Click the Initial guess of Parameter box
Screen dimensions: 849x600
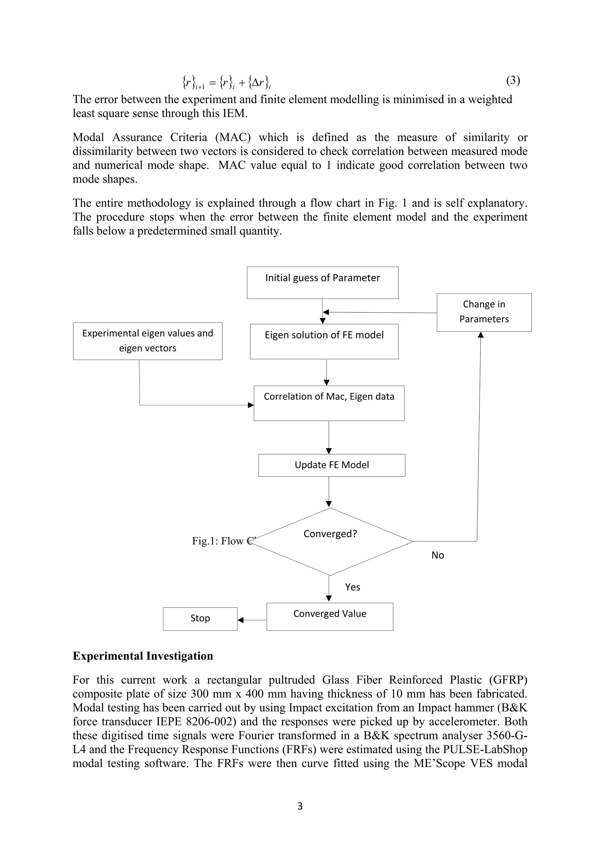(x=322, y=283)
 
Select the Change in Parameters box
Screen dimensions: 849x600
(x=484, y=312)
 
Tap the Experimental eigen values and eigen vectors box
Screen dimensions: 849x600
(x=147, y=341)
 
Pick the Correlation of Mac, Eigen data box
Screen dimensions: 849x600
(x=329, y=403)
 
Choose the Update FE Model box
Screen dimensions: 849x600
(x=331, y=465)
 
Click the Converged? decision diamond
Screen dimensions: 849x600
(x=330, y=541)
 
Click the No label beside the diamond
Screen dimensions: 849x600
(x=437, y=555)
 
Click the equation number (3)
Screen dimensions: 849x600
(x=513, y=80)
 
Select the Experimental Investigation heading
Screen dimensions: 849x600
(x=143, y=656)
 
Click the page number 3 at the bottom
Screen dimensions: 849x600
(x=300, y=816)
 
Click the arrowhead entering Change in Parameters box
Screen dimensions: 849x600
(x=480, y=335)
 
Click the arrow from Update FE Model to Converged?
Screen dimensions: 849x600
(x=329, y=492)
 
